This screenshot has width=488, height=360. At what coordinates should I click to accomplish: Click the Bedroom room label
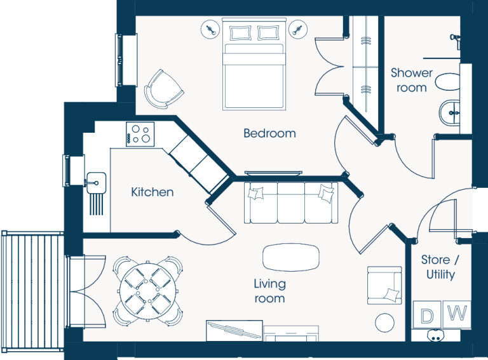coord(269,133)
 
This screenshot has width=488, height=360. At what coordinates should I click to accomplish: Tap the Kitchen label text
coord(152,192)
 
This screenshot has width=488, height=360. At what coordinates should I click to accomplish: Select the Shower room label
coord(412,80)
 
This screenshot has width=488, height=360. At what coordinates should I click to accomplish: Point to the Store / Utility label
coord(440,267)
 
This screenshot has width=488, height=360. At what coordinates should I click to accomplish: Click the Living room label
coord(269,291)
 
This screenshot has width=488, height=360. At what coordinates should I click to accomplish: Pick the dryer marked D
coord(427,315)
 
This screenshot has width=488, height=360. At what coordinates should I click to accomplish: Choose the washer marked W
coord(457,314)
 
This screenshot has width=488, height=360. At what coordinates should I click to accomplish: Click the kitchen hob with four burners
coord(140,134)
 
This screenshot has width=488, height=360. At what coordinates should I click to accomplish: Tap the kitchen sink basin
coord(96,182)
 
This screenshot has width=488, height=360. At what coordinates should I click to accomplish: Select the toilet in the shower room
coord(447,82)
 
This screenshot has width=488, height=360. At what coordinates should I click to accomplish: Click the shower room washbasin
coord(449,113)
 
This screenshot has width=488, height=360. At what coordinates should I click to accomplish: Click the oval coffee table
coord(291,257)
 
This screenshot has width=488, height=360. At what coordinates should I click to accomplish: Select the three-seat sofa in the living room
coord(291,203)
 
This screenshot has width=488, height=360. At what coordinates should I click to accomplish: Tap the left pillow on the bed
coord(240,33)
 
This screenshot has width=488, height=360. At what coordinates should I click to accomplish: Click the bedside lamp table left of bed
coord(210,30)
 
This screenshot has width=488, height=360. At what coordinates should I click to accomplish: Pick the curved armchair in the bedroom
coord(163,90)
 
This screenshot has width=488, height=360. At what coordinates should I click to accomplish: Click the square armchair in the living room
coord(384,285)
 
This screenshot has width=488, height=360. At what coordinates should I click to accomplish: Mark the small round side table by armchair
coord(384,323)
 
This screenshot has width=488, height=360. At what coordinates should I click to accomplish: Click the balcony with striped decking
coord(32,291)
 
